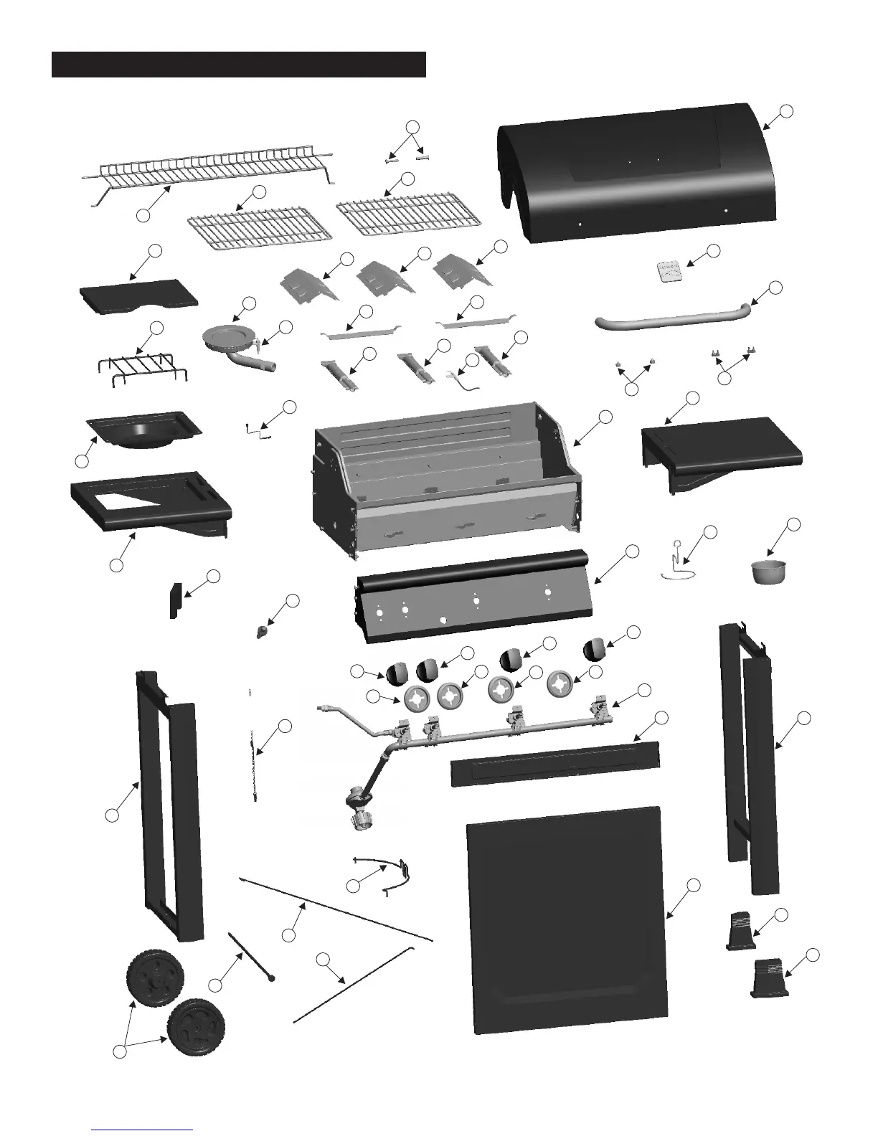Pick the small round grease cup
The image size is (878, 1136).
pyautogui.click(x=765, y=572)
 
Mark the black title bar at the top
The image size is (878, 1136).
pyautogui.click(x=239, y=64)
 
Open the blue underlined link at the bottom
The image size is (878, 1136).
pyautogui.click(x=143, y=1129)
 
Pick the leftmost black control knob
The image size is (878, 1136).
pyautogui.click(x=397, y=673)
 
